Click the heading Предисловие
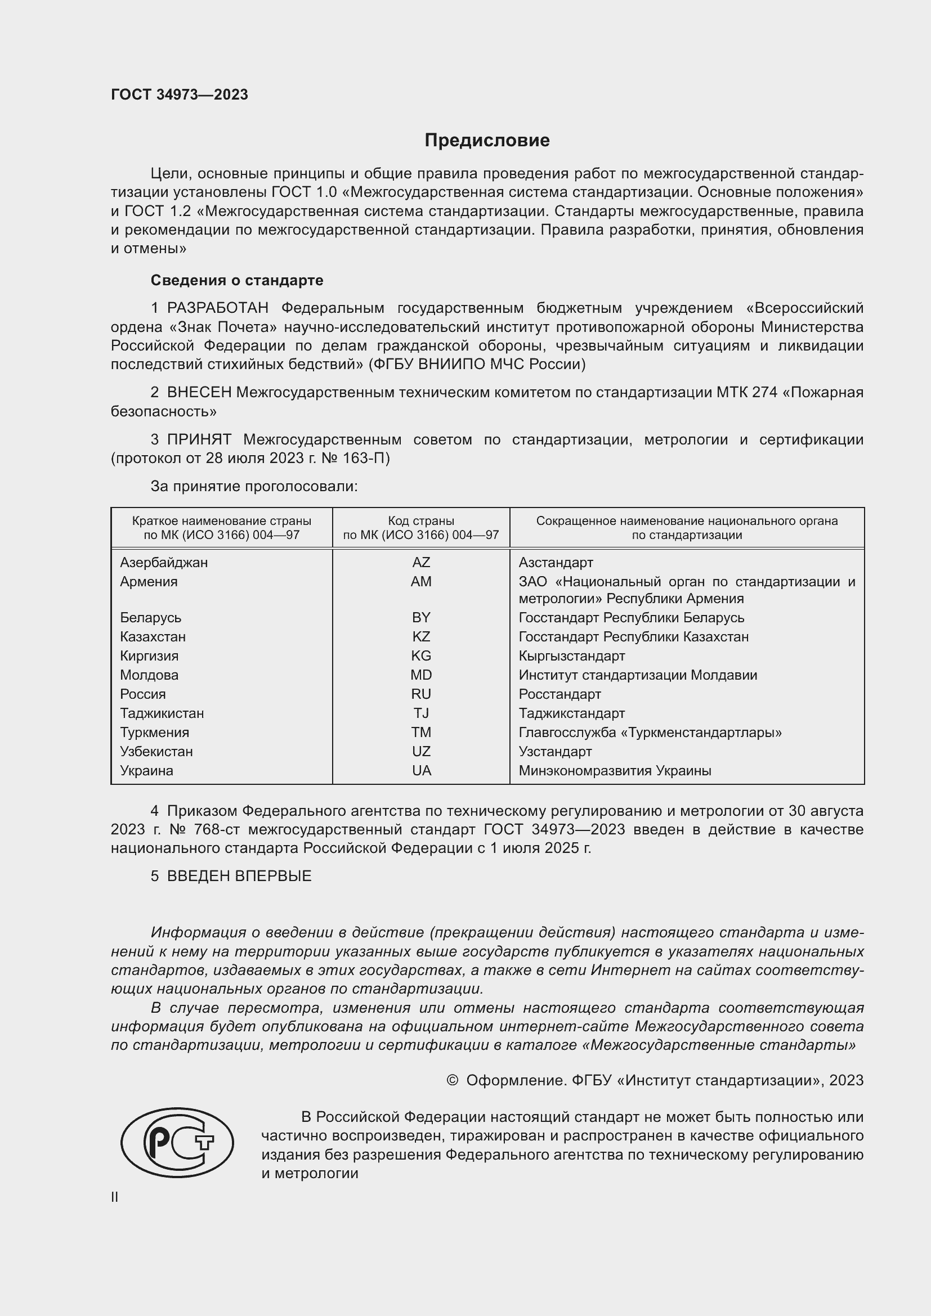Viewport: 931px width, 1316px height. (487, 141)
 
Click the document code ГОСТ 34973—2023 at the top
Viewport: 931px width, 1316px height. (180, 95)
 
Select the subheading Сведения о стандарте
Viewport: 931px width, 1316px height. (237, 280)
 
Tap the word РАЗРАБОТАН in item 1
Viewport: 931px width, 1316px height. (218, 308)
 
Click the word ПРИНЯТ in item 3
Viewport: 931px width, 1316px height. (199, 439)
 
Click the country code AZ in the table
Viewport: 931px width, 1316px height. (421, 562)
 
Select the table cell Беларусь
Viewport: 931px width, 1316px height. (151, 617)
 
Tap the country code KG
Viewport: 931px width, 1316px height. (421, 655)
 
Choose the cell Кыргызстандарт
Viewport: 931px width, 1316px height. (571, 655)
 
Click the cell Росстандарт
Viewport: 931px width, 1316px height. (560, 694)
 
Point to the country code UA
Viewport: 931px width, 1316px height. (421, 770)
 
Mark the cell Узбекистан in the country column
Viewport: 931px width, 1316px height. (156, 752)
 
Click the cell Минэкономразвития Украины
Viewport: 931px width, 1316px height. (615, 770)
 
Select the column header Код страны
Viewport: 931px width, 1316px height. (421, 521)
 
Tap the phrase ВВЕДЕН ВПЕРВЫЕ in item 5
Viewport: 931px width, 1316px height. (239, 876)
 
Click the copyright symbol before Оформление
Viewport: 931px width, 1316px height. (452, 1081)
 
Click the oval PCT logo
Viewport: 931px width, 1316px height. (177, 1143)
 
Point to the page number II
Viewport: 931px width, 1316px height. (115, 1197)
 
